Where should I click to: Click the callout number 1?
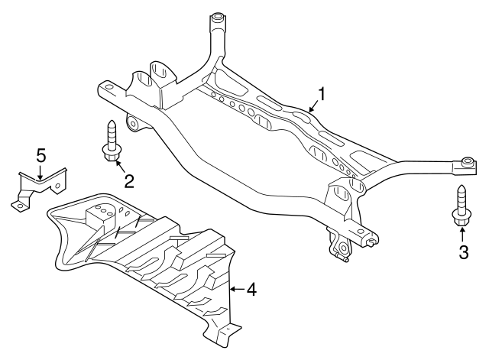pos(322,94)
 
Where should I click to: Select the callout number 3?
pos(462,251)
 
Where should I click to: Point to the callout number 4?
pos(251,290)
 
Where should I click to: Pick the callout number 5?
pos(41,156)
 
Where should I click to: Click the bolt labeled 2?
pos(111,141)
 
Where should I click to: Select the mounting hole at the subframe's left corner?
pos(106,88)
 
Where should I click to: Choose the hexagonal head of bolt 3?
pos(461,221)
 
